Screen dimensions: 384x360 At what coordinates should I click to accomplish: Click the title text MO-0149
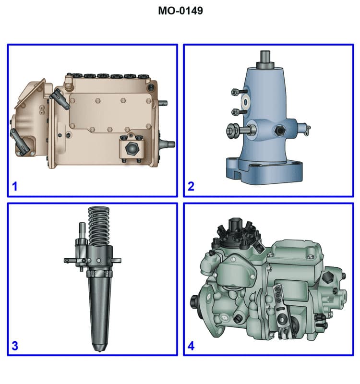click(x=180, y=11)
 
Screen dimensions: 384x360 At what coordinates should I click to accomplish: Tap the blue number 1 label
click(x=15, y=186)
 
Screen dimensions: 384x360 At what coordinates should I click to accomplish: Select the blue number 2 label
click(x=191, y=186)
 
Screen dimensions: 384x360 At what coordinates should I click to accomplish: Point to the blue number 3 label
click(x=15, y=345)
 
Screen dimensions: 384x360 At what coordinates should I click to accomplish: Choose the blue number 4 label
click(x=191, y=345)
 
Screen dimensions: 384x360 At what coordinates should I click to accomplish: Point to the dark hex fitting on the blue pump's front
click(x=278, y=130)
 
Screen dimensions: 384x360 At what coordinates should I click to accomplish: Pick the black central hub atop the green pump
click(x=236, y=226)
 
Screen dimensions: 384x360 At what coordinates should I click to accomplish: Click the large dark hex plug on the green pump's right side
click(x=330, y=277)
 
